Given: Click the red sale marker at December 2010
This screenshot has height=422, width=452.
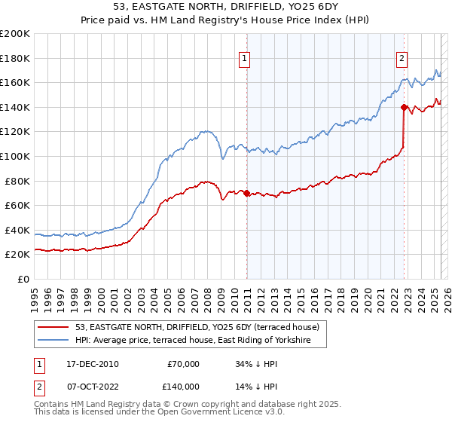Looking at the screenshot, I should pyautogui.click(x=247, y=194).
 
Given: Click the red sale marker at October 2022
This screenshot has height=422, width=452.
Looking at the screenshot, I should pyautogui.click(x=405, y=107).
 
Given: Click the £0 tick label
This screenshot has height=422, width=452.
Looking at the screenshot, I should pyautogui.click(x=23, y=279).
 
